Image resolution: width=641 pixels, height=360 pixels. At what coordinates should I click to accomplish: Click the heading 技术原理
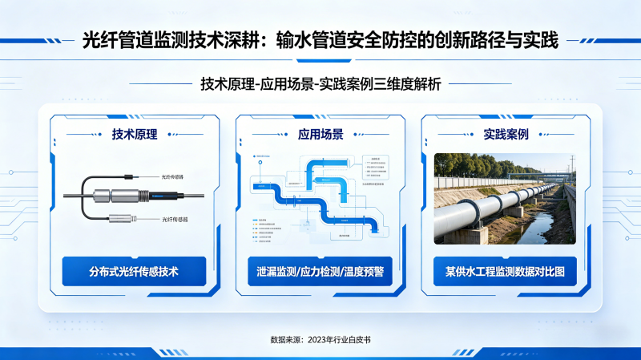[135, 135]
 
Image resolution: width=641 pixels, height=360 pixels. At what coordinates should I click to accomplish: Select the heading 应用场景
[320, 135]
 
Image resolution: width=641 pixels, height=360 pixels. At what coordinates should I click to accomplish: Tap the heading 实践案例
[506, 135]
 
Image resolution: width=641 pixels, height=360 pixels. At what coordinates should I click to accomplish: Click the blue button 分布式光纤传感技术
[135, 272]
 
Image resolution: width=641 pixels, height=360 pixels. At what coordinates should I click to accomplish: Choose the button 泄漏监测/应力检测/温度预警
[320, 272]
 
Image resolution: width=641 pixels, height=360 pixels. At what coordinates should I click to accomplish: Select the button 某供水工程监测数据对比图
[506, 272]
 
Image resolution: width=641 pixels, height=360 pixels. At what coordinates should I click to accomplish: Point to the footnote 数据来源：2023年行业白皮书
[320, 340]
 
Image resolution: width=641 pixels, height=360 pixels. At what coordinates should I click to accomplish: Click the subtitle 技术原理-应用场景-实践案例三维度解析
[320, 83]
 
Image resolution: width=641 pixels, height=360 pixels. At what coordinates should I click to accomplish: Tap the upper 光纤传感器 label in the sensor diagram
[172, 176]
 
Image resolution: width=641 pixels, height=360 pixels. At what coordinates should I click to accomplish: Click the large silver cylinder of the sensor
[113, 196]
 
